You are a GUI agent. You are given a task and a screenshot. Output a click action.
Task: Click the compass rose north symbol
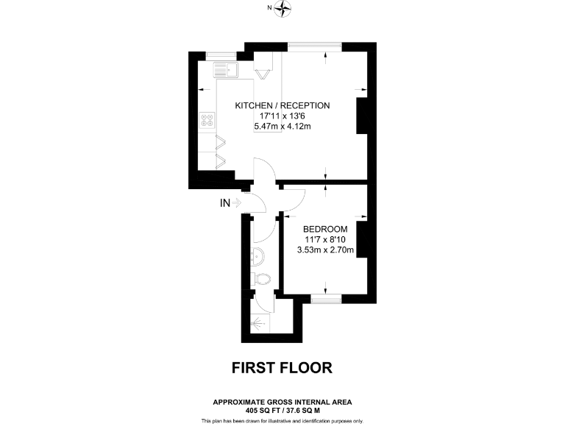(x=283, y=9)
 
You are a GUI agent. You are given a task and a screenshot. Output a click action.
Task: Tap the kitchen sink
(x=224, y=71)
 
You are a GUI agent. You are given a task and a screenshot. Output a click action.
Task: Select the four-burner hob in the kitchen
(x=207, y=121)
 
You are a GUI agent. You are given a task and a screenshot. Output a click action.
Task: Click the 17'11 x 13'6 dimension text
(x=282, y=116)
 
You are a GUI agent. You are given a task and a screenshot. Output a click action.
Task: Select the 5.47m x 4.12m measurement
(x=282, y=127)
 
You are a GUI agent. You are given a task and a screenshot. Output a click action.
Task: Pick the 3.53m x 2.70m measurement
(x=324, y=250)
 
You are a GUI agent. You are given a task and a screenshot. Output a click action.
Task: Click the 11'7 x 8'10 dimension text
(x=324, y=239)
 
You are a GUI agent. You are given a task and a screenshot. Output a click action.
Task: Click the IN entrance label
(x=225, y=203)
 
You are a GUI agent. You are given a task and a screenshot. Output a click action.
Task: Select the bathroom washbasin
(x=257, y=257)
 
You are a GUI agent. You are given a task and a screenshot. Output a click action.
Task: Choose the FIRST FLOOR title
(x=282, y=367)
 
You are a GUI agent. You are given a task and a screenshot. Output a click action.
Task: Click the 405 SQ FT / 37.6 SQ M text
(x=282, y=410)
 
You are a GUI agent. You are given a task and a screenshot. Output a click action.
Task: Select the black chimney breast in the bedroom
(x=361, y=241)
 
